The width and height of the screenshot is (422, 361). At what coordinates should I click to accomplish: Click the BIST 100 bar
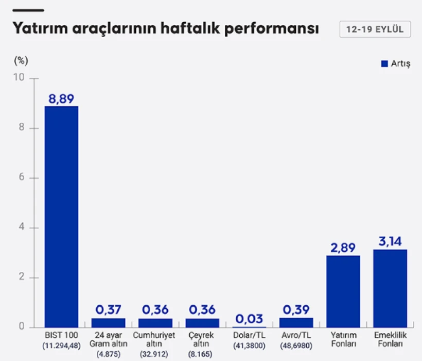click(61, 217)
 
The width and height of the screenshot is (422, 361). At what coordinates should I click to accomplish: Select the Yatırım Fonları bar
click(343, 291)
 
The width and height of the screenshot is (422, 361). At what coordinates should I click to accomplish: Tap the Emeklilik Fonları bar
click(390, 288)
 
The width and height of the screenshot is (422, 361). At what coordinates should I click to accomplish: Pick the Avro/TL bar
click(296, 322)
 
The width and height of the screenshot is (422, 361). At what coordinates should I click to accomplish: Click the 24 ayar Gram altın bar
click(108, 323)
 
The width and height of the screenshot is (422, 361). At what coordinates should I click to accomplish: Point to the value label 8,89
click(61, 99)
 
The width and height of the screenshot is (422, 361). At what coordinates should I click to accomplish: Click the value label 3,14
click(390, 241)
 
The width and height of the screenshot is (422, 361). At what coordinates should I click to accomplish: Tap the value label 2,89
click(343, 248)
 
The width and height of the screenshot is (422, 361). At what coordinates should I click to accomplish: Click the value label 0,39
click(296, 309)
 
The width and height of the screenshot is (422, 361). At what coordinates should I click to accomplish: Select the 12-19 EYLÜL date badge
click(375, 29)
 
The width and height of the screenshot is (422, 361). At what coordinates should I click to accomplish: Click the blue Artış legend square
click(384, 63)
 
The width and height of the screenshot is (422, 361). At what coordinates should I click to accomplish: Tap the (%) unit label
click(21, 60)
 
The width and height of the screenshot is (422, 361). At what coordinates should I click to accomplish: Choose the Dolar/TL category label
click(249, 335)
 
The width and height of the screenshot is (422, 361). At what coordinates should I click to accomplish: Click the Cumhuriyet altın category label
click(155, 339)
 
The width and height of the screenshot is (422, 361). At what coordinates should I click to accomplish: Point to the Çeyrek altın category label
click(202, 339)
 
